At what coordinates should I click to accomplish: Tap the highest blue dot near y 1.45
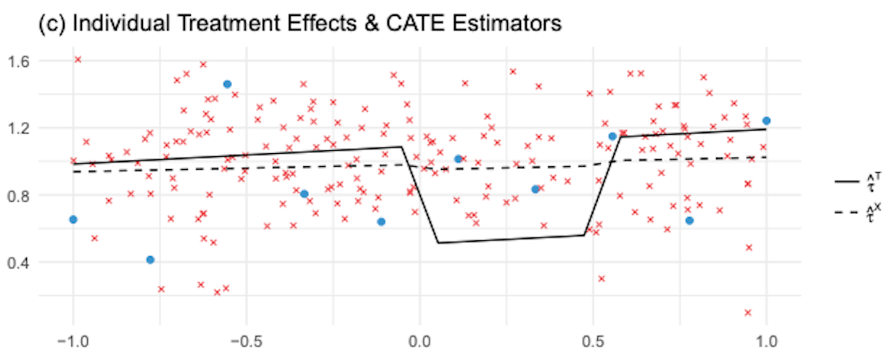(227, 84)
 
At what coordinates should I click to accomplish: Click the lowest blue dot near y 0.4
(150, 260)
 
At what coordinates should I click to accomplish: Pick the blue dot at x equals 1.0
(766, 120)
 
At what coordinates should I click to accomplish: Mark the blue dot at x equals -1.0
(73, 219)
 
